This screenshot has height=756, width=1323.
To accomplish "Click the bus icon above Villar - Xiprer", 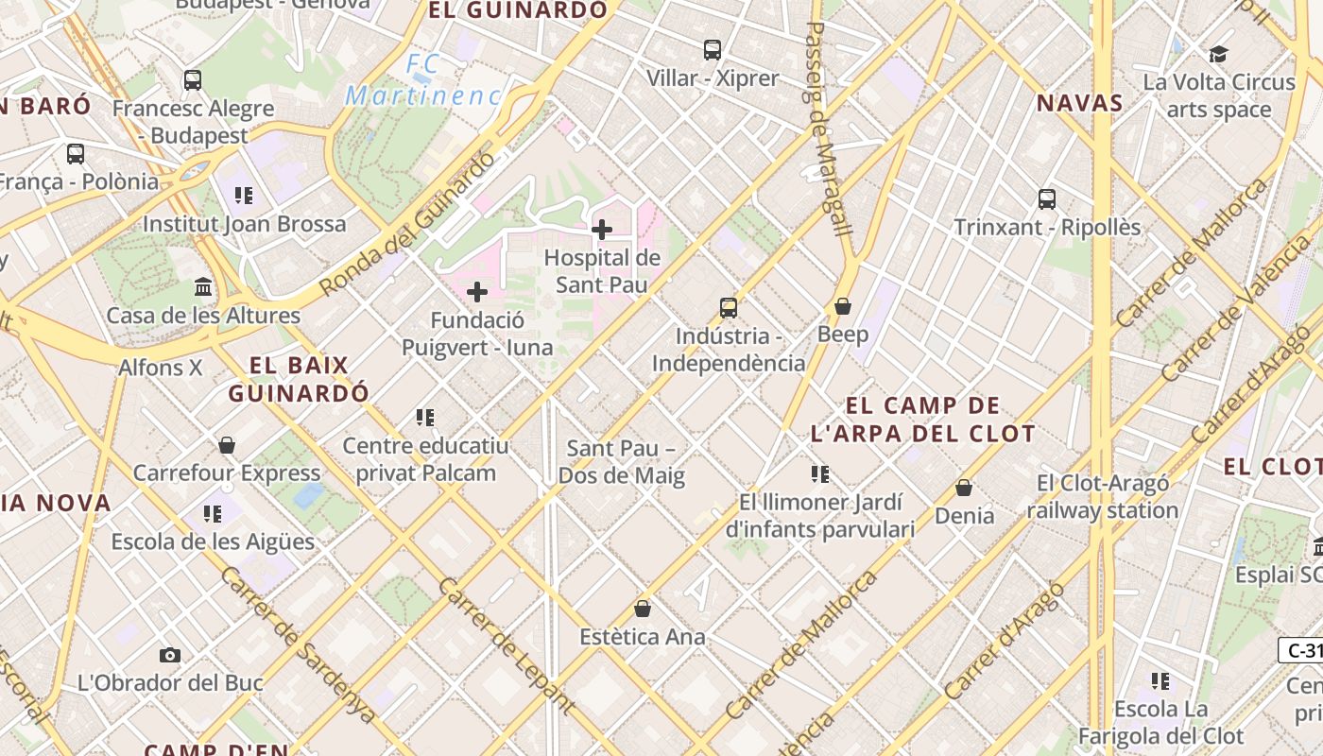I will pyautogui.click(x=713, y=49).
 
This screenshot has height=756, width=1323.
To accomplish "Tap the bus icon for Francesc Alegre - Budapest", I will pyautogui.click(x=193, y=80).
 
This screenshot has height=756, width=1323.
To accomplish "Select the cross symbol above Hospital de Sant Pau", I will pyautogui.click(x=602, y=229).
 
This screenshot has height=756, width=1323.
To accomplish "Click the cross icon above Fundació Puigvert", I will pyautogui.click(x=477, y=292).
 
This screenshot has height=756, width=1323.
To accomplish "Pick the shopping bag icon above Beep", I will pyautogui.click(x=842, y=306).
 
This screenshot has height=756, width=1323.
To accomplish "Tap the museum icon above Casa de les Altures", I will pyautogui.click(x=203, y=286).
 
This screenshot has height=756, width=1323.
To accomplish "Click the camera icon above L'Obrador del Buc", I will pyautogui.click(x=170, y=655).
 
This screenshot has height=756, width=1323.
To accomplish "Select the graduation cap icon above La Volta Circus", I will pyautogui.click(x=1219, y=54).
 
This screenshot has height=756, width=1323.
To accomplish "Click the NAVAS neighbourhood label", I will pyautogui.click(x=1079, y=103).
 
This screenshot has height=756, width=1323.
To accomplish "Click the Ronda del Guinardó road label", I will pyautogui.click(x=407, y=223).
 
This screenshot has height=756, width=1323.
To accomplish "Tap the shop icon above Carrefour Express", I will pyautogui.click(x=227, y=444).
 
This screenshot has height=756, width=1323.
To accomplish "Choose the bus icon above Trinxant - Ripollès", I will pyautogui.click(x=1047, y=199).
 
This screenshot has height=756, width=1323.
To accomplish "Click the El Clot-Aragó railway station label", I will pyautogui.click(x=1102, y=497).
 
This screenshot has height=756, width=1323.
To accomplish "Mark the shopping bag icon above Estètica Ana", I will pyautogui.click(x=643, y=608).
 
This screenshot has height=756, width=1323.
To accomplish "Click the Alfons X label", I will pyautogui.click(x=161, y=368).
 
